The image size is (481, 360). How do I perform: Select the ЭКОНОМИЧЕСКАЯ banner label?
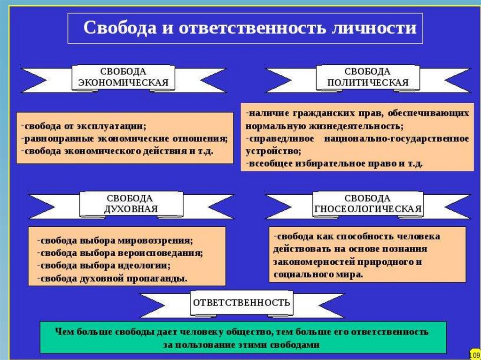click(x=123, y=83)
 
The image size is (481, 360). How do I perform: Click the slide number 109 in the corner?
click(x=474, y=352)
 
